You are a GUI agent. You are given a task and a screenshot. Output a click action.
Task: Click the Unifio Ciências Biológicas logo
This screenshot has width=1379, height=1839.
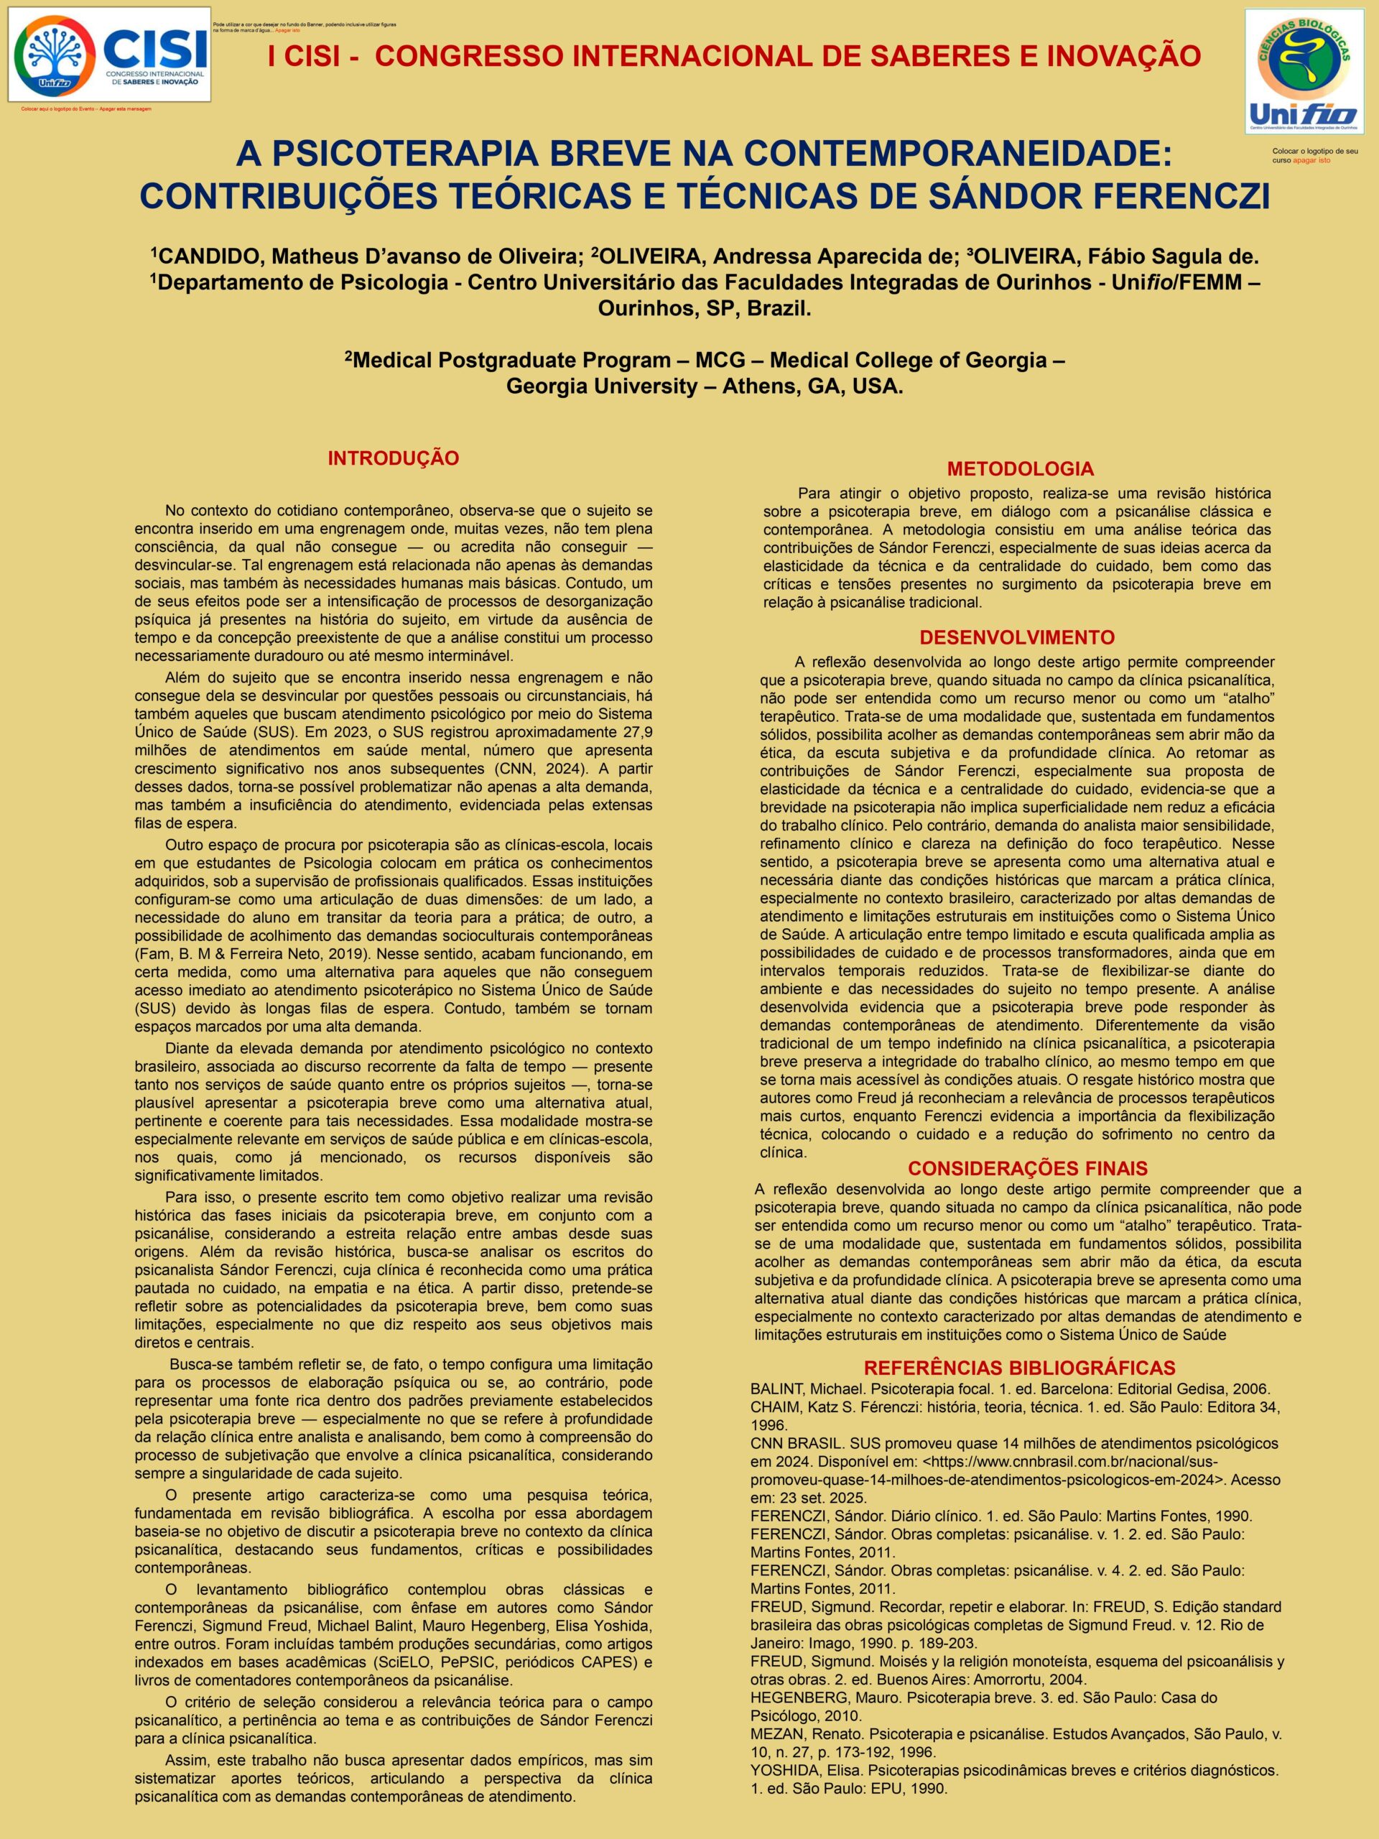coord(1304,72)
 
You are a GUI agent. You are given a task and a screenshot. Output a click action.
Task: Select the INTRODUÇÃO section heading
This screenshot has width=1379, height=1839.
coord(393,458)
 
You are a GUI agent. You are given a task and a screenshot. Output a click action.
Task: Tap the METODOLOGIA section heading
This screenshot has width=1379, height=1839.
coord(1020,468)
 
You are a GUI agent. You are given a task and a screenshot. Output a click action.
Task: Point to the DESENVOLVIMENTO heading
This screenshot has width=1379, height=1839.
coord(1016,638)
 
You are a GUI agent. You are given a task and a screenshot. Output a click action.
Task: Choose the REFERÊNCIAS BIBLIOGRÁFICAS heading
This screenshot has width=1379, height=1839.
coord(1019,1368)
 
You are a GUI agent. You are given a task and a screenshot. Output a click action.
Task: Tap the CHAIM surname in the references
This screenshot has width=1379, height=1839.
coord(772,1407)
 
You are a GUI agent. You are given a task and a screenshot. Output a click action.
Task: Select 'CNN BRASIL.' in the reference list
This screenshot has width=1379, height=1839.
coord(792,1443)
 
